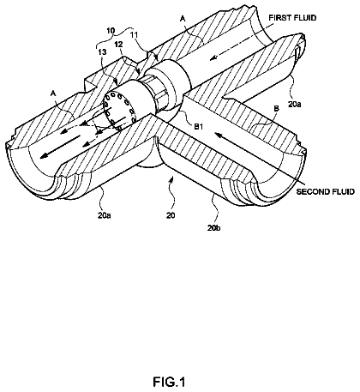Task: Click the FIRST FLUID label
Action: [292, 18]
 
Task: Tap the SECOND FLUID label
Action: [325, 191]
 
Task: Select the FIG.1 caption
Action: [169, 382]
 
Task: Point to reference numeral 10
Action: [111, 31]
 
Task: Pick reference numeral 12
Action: [118, 44]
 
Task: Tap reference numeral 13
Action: [102, 52]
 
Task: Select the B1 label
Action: [198, 126]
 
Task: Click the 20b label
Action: [214, 228]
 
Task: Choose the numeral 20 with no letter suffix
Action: [171, 215]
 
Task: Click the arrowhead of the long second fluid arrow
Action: [218, 133]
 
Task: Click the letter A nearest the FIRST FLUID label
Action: [183, 19]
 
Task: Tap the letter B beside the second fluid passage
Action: [276, 109]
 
